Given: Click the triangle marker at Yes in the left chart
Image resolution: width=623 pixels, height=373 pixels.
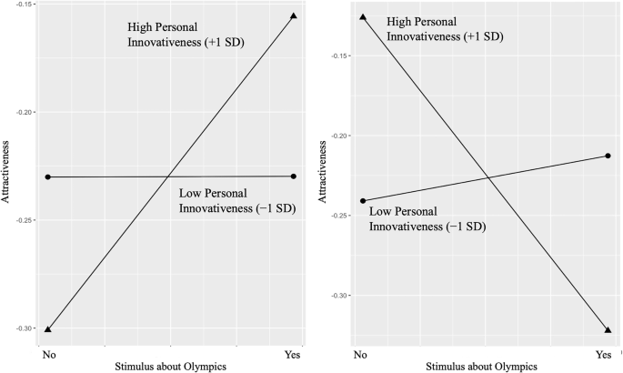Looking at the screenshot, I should pyautogui.click(x=294, y=15).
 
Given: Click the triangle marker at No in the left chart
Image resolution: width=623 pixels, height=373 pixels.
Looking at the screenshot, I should pyautogui.click(x=46, y=328).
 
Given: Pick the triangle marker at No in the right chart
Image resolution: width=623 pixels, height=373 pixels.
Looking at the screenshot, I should pyautogui.click(x=362, y=17).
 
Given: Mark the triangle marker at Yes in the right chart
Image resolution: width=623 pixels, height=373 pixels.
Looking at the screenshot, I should pyautogui.click(x=608, y=329).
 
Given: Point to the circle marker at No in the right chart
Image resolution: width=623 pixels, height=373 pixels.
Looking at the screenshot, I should pyautogui.click(x=362, y=201).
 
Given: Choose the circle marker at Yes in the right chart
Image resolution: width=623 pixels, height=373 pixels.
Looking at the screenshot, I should pyautogui.click(x=608, y=156).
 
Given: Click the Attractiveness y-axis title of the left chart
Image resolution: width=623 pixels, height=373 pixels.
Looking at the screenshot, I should pyautogui.click(x=7, y=174).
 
